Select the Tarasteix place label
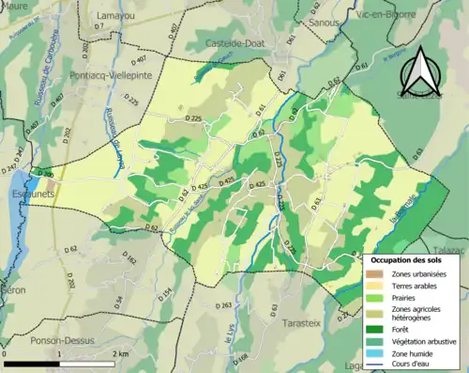(x=301, y=322)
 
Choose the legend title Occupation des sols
(x=406, y=258)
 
